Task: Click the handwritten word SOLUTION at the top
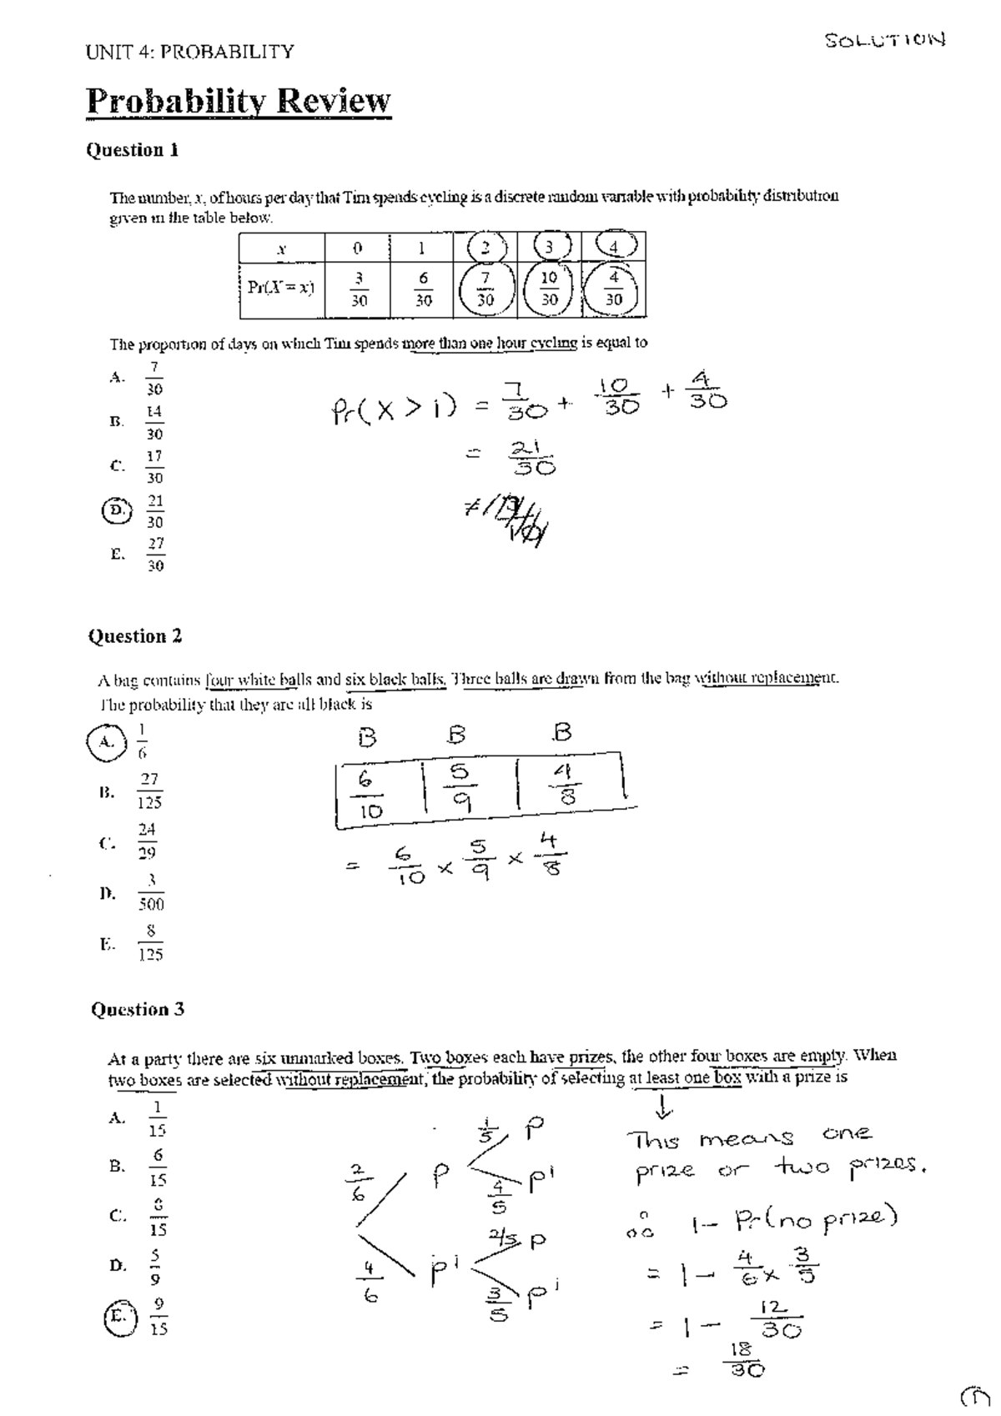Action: pyautogui.click(x=885, y=39)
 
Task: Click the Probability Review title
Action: pyautogui.click(x=239, y=102)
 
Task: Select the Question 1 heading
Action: pyautogui.click(x=133, y=150)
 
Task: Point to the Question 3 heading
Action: pyautogui.click(x=138, y=1009)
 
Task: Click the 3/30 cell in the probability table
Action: pyautogui.click(x=357, y=289)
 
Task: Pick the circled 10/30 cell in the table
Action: pyautogui.click(x=549, y=289)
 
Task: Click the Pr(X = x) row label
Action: pyautogui.click(x=281, y=288)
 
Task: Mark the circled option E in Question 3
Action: pyautogui.click(x=117, y=1316)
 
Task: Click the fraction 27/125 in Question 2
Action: pyautogui.click(x=149, y=791)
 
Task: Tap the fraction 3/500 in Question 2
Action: pyautogui.click(x=151, y=892)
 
